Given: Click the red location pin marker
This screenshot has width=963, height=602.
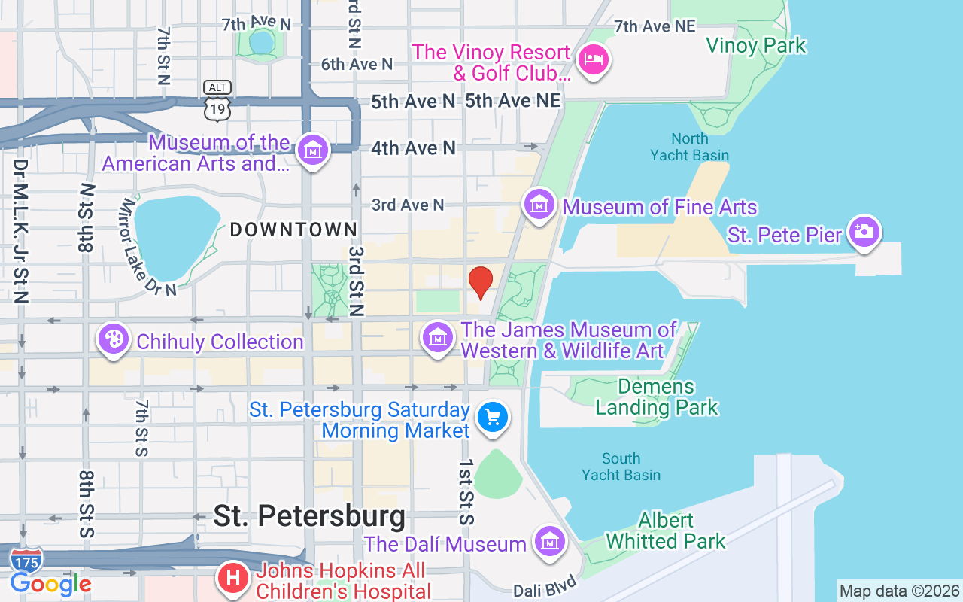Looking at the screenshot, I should tap(481, 282).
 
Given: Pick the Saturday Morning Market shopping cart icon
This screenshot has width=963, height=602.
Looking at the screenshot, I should tap(493, 417).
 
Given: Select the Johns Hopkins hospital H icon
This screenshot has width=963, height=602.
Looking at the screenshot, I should tap(233, 578).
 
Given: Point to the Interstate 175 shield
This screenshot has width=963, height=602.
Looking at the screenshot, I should tap(26, 561).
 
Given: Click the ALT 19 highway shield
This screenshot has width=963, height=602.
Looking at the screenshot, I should tap(217, 101).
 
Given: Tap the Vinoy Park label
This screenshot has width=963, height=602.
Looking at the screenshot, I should tap(755, 46).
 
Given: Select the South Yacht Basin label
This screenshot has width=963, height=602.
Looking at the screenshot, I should tap(621, 467).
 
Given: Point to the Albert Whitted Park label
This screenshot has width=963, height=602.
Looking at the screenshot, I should tap(666, 531).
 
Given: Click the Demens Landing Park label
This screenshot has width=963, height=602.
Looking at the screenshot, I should tap(657, 397).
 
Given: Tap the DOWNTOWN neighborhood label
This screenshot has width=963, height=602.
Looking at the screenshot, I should tap(293, 230).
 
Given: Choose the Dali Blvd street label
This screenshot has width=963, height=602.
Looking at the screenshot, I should tap(546, 587).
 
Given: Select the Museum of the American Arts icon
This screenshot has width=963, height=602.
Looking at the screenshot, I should tap(311, 150).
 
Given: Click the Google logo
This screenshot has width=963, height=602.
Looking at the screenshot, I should tap(50, 584).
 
